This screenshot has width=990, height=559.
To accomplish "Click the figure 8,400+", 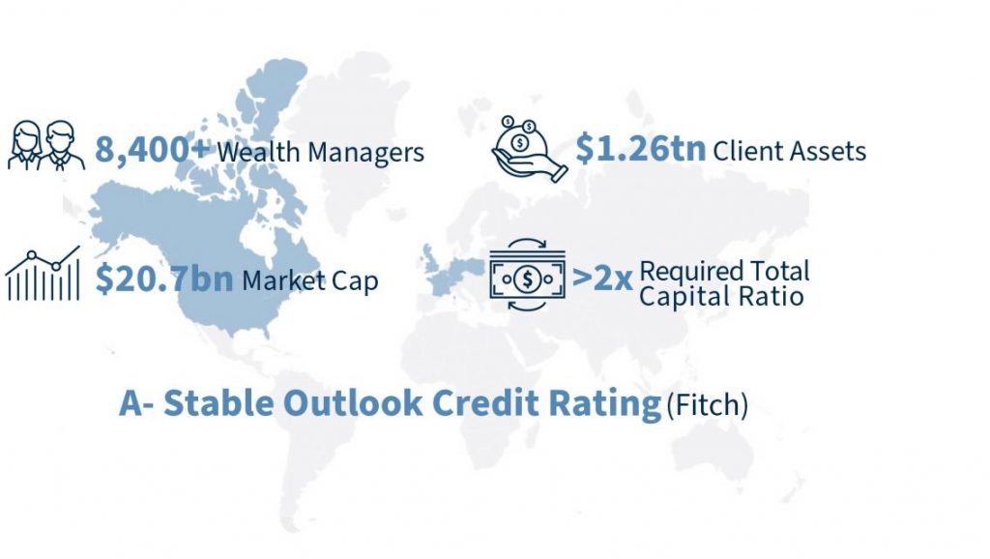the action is (152, 151).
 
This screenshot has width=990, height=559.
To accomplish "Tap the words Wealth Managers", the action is (321, 153).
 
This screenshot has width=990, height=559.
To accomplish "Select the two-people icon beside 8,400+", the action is (46, 146).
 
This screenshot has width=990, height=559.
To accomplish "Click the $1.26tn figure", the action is (640, 148).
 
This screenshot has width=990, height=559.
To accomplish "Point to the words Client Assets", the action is (789, 151).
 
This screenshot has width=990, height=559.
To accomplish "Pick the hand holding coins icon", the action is (529, 149).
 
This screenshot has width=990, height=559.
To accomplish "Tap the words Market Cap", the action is (310, 280).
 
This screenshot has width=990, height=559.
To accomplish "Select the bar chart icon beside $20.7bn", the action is (43, 273).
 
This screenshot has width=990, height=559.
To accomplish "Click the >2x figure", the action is (601, 278).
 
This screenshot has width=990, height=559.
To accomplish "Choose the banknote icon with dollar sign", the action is (527, 276).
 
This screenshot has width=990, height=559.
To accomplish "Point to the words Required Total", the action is (724, 271).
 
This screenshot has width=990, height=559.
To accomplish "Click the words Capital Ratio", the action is (721, 296).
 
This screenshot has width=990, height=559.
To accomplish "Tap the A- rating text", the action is (135, 403).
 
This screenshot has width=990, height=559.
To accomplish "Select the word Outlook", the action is (353, 402).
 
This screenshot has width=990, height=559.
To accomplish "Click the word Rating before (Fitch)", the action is (605, 405).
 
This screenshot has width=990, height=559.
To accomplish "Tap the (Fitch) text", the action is (707, 405).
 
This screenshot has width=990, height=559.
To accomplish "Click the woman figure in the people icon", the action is (26, 146).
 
